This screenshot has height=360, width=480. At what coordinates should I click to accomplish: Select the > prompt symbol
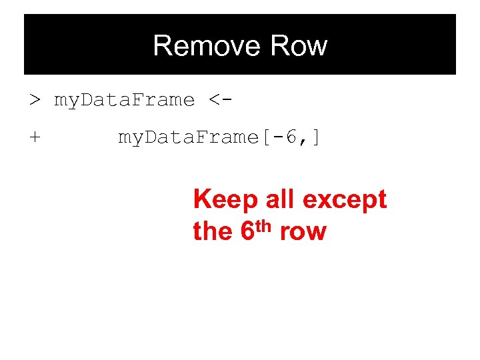(35, 101)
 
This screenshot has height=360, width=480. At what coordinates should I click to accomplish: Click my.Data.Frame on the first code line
(124, 101)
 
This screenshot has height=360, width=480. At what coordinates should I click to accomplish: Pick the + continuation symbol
(35, 138)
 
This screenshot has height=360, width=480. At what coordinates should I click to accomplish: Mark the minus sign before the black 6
(278, 138)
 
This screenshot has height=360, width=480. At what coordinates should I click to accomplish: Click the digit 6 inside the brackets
(291, 138)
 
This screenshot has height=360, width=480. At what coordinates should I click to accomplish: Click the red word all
(279, 199)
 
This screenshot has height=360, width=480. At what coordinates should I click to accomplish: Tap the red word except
(345, 200)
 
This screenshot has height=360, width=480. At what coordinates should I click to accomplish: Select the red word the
(212, 232)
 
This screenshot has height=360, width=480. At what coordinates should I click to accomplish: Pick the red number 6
(245, 232)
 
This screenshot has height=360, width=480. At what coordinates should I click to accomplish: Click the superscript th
(263, 225)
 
